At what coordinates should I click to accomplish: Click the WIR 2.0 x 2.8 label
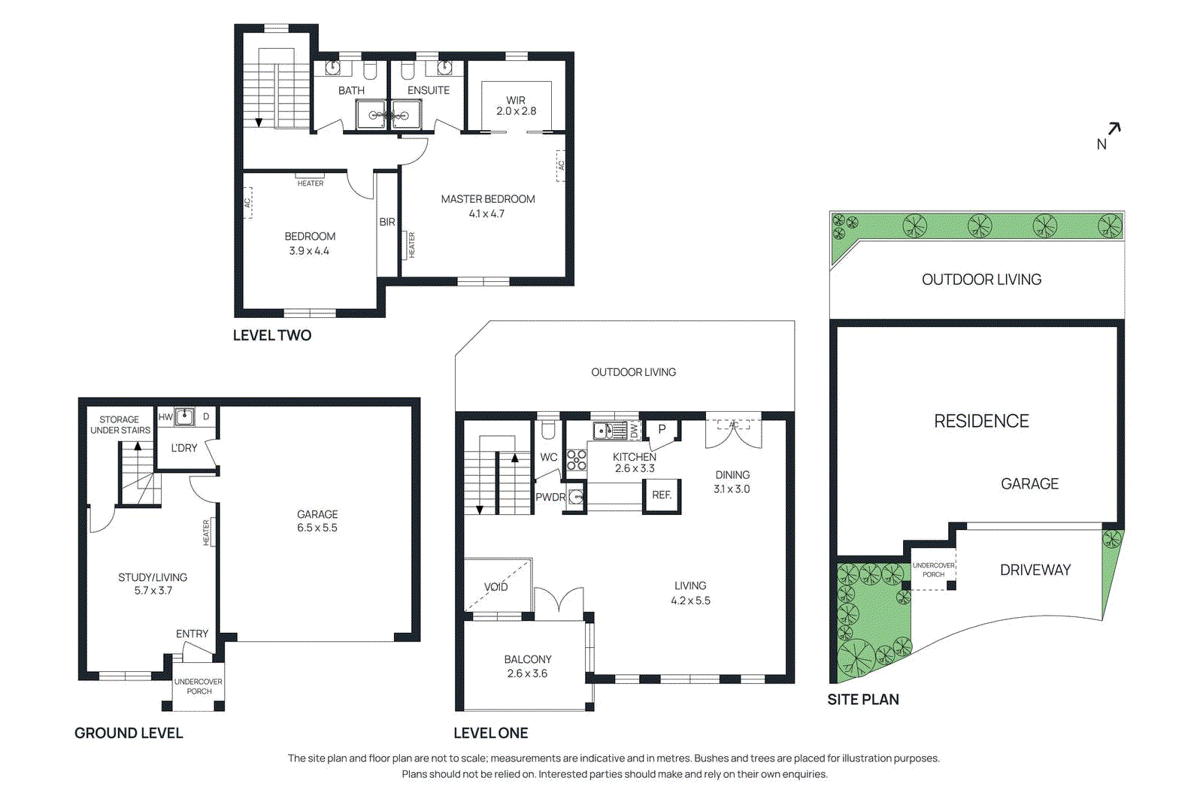[x=516, y=106]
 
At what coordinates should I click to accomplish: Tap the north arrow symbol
[x=1114, y=129]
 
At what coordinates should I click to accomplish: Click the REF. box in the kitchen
[x=662, y=495]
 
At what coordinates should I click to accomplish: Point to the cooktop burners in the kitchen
[x=577, y=460]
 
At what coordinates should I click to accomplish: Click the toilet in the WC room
[x=548, y=431]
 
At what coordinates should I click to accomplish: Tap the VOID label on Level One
[x=495, y=587]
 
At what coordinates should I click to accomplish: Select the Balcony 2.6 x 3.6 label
[x=527, y=667]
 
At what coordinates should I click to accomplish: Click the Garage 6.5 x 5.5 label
[x=317, y=521]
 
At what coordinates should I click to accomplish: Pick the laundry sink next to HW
[x=184, y=417]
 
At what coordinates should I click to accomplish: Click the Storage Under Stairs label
[x=120, y=425]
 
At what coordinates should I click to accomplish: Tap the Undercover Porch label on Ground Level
[x=198, y=686]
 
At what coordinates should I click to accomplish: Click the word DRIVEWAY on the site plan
[x=1035, y=570]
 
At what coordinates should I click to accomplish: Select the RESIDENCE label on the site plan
[x=981, y=421]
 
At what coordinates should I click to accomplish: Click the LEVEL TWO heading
[x=271, y=335]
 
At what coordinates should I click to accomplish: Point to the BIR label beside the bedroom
[x=387, y=222]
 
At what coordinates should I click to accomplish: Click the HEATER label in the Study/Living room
[x=206, y=532]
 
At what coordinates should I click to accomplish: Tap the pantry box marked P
[x=662, y=429]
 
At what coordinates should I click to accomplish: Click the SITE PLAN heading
[x=862, y=700]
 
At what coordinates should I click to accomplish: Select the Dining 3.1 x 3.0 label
[x=732, y=482]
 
